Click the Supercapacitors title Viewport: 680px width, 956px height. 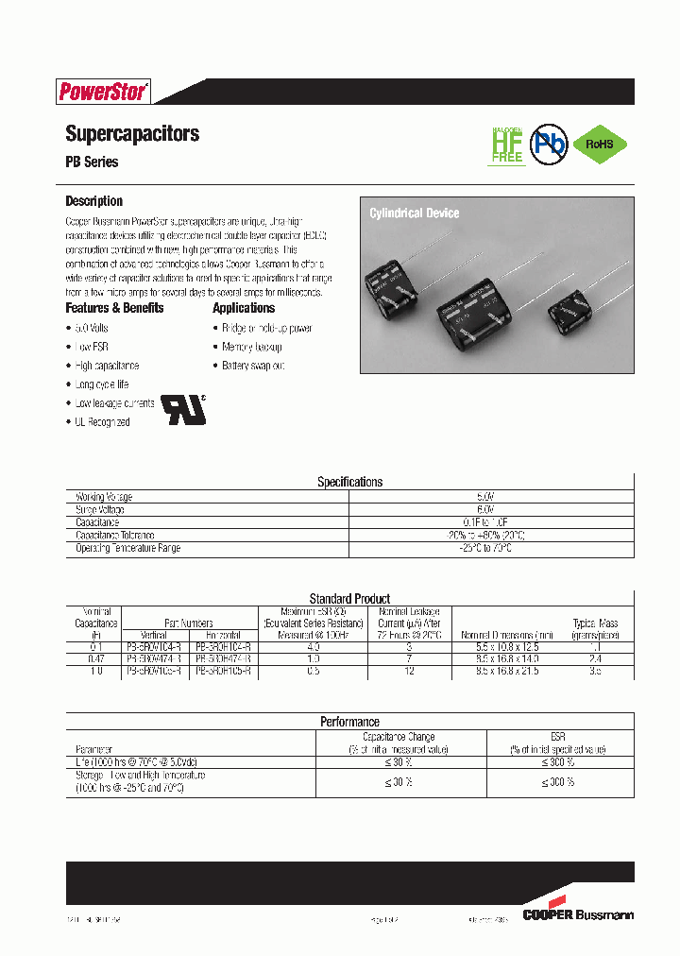[x=132, y=133]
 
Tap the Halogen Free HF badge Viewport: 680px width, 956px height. [x=507, y=144]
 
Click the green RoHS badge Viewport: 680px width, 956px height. [x=600, y=145]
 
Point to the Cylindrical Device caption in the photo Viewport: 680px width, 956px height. [x=414, y=213]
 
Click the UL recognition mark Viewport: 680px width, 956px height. [x=183, y=405]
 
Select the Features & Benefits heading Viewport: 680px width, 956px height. [x=114, y=308]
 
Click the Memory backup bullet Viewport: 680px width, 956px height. [x=251, y=347]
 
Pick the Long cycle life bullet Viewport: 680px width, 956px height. [x=101, y=384]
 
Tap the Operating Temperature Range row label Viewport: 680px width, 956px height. [x=127, y=548]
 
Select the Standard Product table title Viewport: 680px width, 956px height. [x=349, y=599]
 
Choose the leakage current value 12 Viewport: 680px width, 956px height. [x=409, y=670]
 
